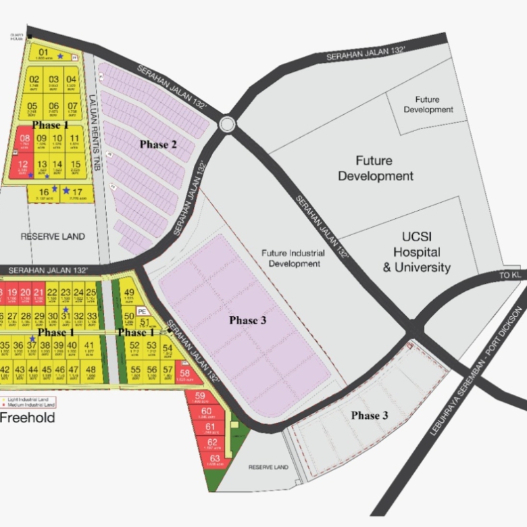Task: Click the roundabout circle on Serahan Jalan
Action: click(x=227, y=124)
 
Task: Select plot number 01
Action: click(x=43, y=52)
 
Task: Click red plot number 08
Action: click(x=24, y=139)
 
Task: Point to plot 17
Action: click(x=77, y=192)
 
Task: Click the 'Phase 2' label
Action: click(x=158, y=145)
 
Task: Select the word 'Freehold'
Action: click(x=27, y=418)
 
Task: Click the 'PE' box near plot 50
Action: click(x=142, y=311)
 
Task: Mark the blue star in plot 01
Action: click(x=60, y=56)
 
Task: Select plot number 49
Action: click(x=130, y=293)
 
